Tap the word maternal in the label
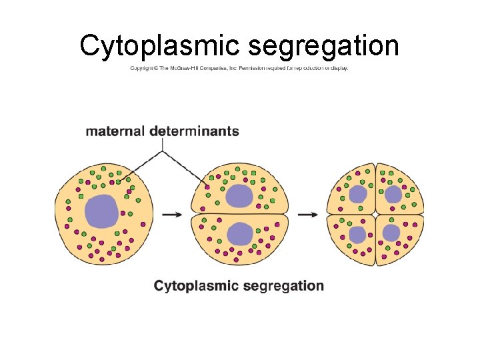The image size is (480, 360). pos(115,131)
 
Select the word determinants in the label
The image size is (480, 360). pos(194,131)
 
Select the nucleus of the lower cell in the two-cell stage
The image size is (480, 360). pos(239,233)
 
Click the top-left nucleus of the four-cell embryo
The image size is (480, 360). pos(358,194)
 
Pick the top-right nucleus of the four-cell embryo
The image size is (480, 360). pos(393,194)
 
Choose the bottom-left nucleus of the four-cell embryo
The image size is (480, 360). pos(358,235)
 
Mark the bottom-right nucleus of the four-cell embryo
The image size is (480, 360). pos(391,233)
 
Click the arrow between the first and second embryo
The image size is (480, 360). pos(172,215)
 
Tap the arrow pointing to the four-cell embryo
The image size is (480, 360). pos(307,215)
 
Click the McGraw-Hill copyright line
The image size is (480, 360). pos(239,68)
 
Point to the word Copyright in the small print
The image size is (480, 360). pos(143,68)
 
